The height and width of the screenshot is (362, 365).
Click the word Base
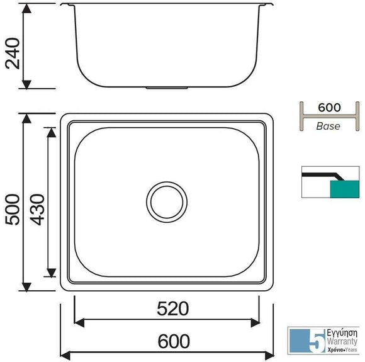coord(328,127)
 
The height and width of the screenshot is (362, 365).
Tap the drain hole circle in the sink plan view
coord(167,201)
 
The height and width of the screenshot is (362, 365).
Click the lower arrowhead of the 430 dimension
coord(48,273)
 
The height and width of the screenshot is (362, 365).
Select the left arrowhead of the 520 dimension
coord(78,322)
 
